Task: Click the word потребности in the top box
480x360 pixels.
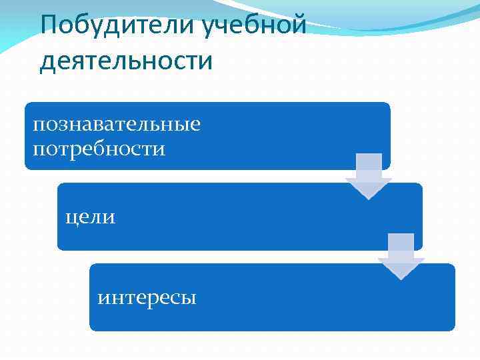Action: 99,148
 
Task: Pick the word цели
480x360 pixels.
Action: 90,217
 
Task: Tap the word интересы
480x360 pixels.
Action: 147,297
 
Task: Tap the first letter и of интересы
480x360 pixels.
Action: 103,297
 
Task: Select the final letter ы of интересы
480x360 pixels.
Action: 189,297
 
